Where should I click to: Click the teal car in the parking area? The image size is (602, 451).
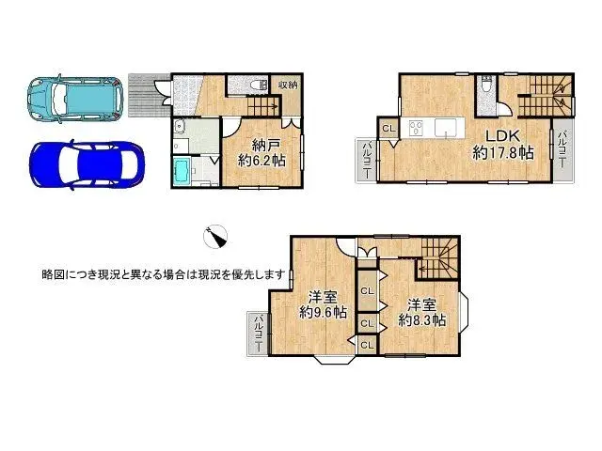pyautogui.click(x=72, y=98)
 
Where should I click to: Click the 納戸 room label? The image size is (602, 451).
pyautogui.click(x=266, y=145)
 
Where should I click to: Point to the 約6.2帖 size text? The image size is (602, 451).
pyautogui.click(x=262, y=162)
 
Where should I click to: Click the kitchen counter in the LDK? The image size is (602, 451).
pyautogui.click(x=434, y=130)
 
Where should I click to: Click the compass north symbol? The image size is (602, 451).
pyautogui.click(x=217, y=236)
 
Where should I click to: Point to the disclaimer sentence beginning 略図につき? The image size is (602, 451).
pyautogui.click(x=164, y=274)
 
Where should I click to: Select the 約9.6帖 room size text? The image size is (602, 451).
pyautogui.click(x=324, y=311)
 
